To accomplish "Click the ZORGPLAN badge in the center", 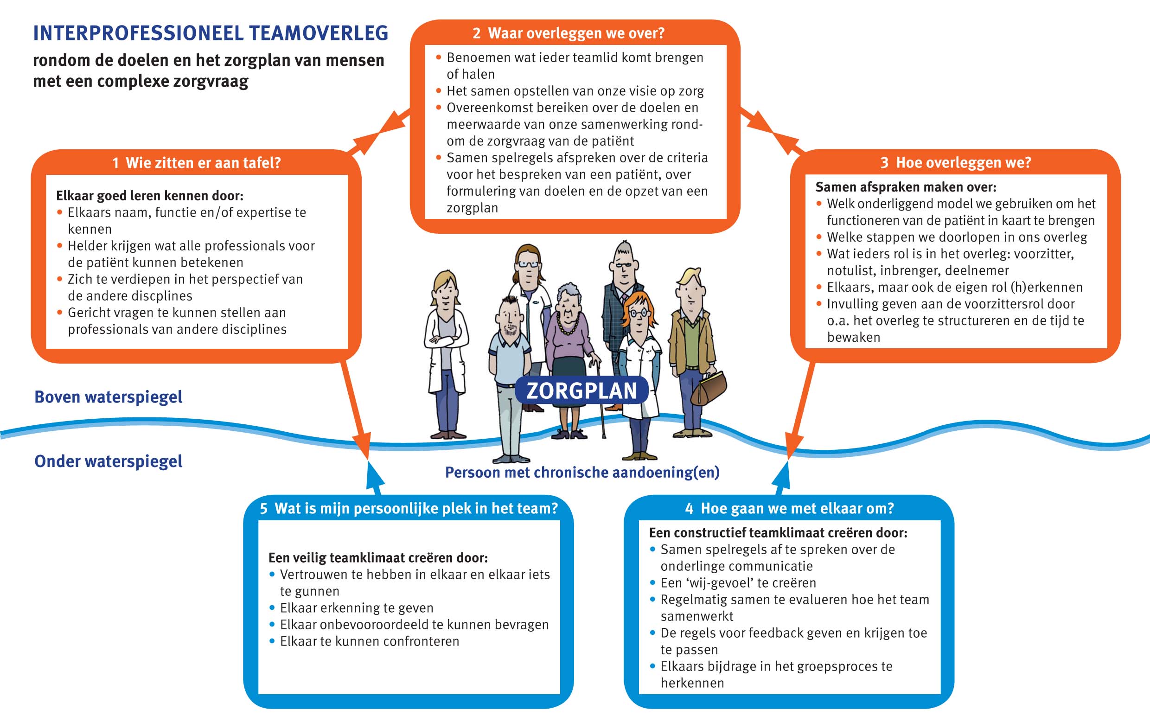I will point(581,390).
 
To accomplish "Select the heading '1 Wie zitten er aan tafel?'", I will point(196,163).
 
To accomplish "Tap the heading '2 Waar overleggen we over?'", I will point(569,33).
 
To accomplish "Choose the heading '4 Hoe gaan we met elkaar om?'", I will point(789,508).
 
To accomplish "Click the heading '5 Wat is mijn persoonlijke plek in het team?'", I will point(409,508).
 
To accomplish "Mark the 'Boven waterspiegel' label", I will point(109,397).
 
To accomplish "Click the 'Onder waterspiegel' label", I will point(109,461).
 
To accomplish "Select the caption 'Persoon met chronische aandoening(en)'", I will point(582,472).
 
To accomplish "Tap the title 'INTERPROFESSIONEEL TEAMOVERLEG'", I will point(211,33).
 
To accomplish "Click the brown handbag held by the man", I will point(710,388).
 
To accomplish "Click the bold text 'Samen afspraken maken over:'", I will point(906,187).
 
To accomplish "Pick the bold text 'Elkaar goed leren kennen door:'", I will point(150,196).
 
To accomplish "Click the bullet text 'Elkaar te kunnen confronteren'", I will point(369,641).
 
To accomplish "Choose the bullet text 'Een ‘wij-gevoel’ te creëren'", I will point(738,582).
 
